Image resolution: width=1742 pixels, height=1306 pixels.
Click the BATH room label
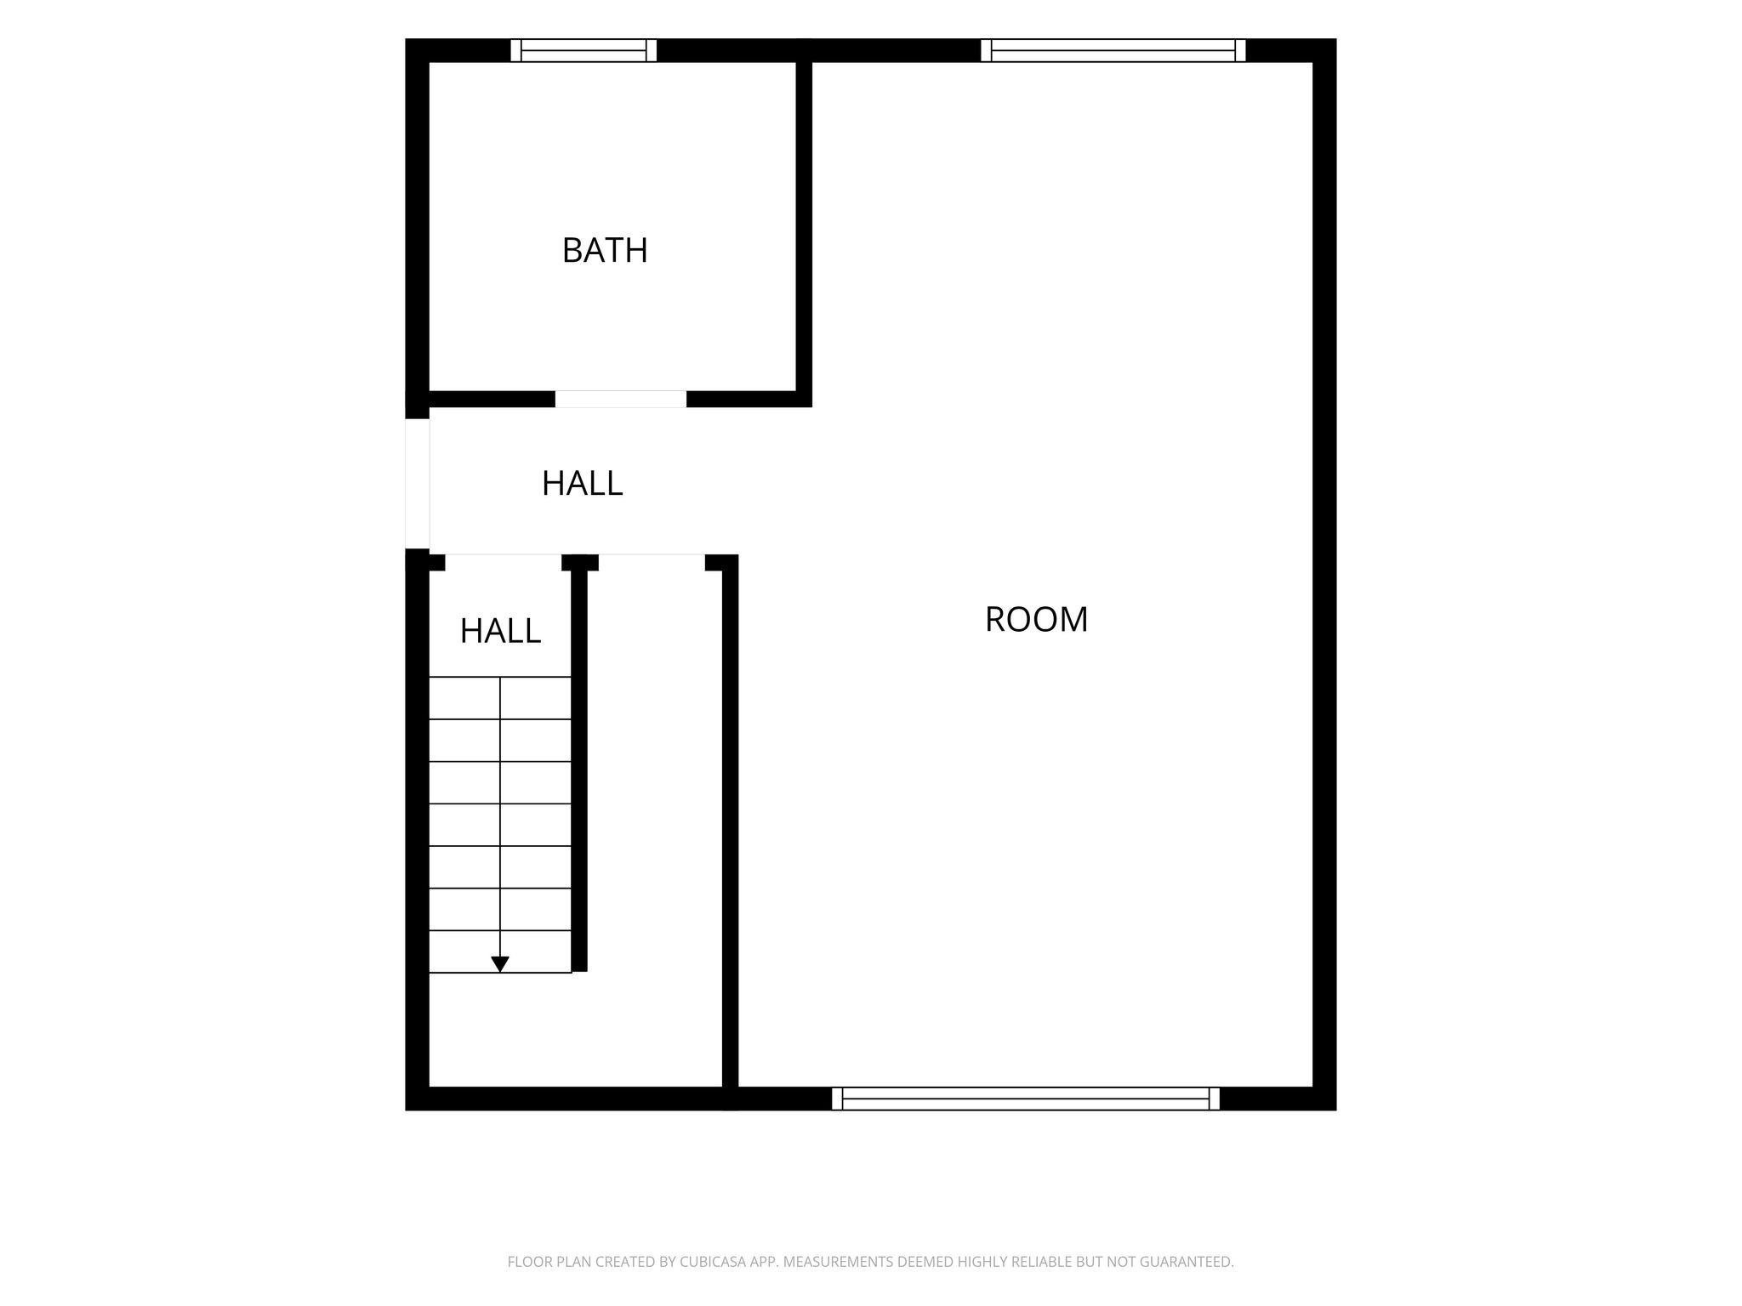605,251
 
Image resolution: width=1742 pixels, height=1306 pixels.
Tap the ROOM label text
1036,620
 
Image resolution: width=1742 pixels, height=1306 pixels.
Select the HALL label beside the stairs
500,631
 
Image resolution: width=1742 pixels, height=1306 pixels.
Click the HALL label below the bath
582,484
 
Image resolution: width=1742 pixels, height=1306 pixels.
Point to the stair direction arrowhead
500,964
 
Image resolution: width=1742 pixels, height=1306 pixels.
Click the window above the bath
584,50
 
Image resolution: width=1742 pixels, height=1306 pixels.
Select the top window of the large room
1113,50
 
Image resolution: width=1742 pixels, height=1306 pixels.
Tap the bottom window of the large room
1025,1099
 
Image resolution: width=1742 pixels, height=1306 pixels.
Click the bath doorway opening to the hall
621,399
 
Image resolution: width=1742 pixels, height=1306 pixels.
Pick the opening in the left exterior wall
417,484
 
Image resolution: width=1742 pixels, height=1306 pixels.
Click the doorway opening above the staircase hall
504,562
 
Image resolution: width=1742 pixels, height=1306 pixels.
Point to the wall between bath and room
804,226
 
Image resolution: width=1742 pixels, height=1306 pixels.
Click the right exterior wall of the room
1324,575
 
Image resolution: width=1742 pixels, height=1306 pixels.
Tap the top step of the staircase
500,699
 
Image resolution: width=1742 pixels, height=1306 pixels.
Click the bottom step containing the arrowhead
500,951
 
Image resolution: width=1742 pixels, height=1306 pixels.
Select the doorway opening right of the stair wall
652,562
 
